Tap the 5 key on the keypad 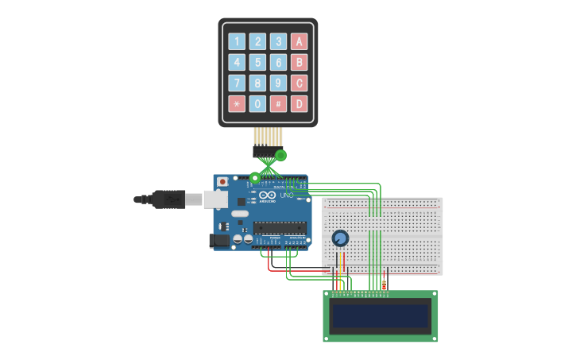[x=257, y=62]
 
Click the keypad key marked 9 [x=278, y=83]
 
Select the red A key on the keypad [x=299, y=41]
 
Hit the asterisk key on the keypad [x=237, y=103]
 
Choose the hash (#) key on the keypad [x=278, y=103]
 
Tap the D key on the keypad [x=299, y=103]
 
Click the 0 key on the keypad [x=257, y=103]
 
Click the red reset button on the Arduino [x=222, y=182]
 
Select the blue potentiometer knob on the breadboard [x=340, y=238]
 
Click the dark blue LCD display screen [x=380, y=315]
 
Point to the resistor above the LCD [x=385, y=285]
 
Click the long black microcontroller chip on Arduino [x=280, y=228]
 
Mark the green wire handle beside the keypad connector [x=280, y=155]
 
